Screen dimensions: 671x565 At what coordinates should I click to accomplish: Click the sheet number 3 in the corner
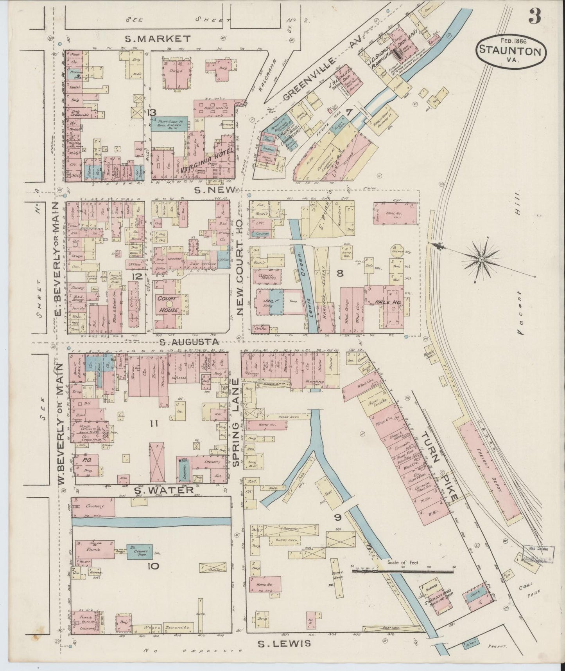pos(535,16)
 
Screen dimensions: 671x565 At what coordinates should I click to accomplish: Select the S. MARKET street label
pos(158,39)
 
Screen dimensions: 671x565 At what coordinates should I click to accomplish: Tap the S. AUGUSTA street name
pos(189,343)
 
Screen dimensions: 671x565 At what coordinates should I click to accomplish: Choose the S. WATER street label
pos(164,490)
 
